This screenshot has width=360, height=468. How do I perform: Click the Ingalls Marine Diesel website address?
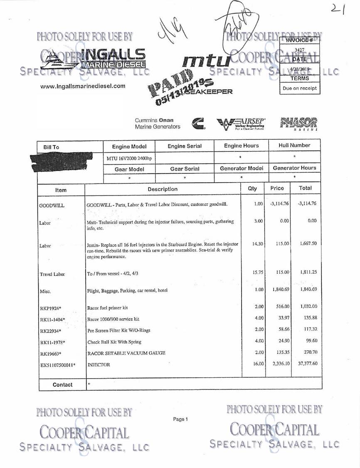[x=83, y=86]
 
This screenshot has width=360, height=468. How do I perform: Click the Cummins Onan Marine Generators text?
[x=158, y=124]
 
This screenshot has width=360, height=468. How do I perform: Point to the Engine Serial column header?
[x=185, y=146]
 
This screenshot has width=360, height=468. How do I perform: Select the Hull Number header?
[x=295, y=146]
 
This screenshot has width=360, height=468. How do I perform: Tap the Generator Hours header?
[x=295, y=168]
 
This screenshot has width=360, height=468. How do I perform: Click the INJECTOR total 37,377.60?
[x=306, y=364]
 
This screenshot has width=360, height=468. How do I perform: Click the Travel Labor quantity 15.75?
[x=253, y=272]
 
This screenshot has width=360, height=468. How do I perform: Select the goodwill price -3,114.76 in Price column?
[x=278, y=204]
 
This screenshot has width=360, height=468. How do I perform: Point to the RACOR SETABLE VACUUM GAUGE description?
[x=126, y=352]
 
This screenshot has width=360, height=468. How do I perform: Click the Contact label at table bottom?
[x=62, y=385]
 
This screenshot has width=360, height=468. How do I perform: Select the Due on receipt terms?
[x=300, y=88]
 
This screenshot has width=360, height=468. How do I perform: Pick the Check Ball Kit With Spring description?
[x=115, y=342]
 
